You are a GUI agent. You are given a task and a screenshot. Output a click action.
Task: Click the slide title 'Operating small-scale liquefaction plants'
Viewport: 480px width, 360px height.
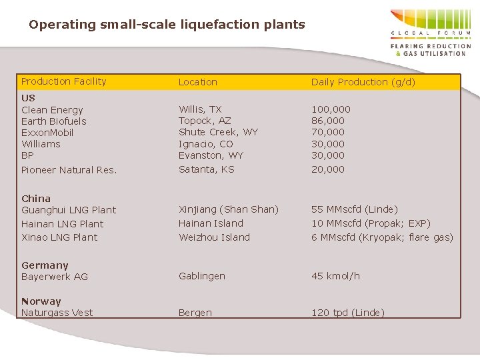(167, 25)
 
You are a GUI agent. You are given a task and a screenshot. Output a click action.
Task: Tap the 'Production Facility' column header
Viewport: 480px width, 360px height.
(64, 81)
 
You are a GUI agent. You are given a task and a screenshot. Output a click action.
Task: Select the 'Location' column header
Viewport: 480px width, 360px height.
(198, 82)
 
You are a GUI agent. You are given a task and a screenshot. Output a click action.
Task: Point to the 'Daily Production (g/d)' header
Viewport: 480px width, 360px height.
(363, 82)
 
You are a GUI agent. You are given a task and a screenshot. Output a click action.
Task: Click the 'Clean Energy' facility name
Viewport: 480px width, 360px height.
(52, 110)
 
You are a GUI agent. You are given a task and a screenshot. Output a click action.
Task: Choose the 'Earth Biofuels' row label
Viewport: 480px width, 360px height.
(54, 121)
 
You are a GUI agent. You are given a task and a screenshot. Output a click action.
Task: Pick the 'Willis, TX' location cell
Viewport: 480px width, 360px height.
(200, 109)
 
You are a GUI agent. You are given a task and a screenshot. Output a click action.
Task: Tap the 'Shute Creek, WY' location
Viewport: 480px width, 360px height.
(218, 132)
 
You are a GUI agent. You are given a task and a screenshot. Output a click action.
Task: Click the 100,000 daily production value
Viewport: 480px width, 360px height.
(331, 109)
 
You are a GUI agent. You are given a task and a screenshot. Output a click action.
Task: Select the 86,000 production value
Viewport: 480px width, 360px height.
(328, 121)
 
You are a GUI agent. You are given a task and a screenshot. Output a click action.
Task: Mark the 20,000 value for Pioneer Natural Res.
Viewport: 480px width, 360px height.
(328, 169)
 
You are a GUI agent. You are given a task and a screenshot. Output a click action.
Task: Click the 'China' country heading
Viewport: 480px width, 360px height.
(36, 199)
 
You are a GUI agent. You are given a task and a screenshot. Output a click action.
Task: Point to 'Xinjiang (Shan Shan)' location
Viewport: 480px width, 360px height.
(229, 209)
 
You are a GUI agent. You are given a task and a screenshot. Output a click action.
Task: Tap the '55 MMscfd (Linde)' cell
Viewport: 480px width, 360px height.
(355, 209)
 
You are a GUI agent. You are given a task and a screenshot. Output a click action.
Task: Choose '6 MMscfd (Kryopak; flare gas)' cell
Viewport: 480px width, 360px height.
(382, 237)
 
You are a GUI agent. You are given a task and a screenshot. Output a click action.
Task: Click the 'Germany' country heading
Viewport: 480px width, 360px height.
(45, 265)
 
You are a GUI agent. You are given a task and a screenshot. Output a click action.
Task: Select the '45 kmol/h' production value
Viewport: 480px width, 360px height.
(335, 276)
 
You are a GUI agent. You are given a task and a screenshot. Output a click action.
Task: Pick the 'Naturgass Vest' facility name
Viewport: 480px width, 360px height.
(57, 313)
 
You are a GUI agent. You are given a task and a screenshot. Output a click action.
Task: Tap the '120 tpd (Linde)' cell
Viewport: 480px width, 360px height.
(348, 313)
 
